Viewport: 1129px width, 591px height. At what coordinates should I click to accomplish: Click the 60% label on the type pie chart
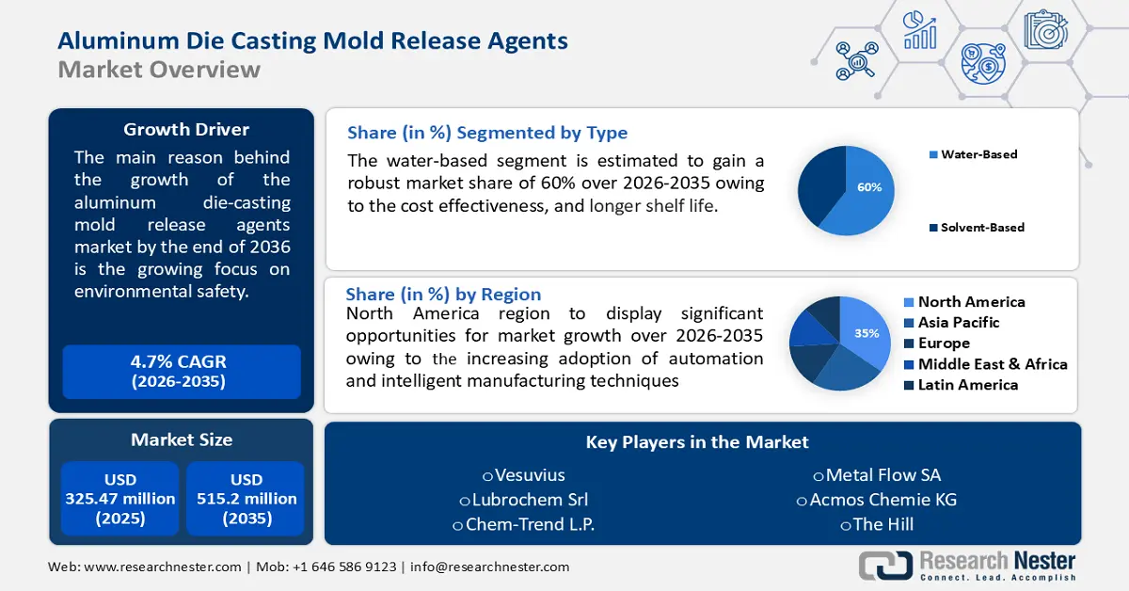click(x=869, y=187)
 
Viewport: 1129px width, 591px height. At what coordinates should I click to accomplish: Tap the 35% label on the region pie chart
click(x=867, y=333)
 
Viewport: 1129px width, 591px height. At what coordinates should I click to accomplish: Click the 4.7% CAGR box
click(x=182, y=372)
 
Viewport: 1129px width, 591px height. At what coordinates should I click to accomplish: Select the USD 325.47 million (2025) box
click(x=120, y=499)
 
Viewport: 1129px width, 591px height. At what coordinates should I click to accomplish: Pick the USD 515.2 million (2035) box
click(x=246, y=499)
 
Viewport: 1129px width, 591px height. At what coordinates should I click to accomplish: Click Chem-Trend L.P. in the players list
click(x=524, y=524)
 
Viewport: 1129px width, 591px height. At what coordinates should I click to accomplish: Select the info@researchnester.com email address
click(x=489, y=567)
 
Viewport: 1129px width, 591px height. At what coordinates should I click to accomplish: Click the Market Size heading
click(x=182, y=439)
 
